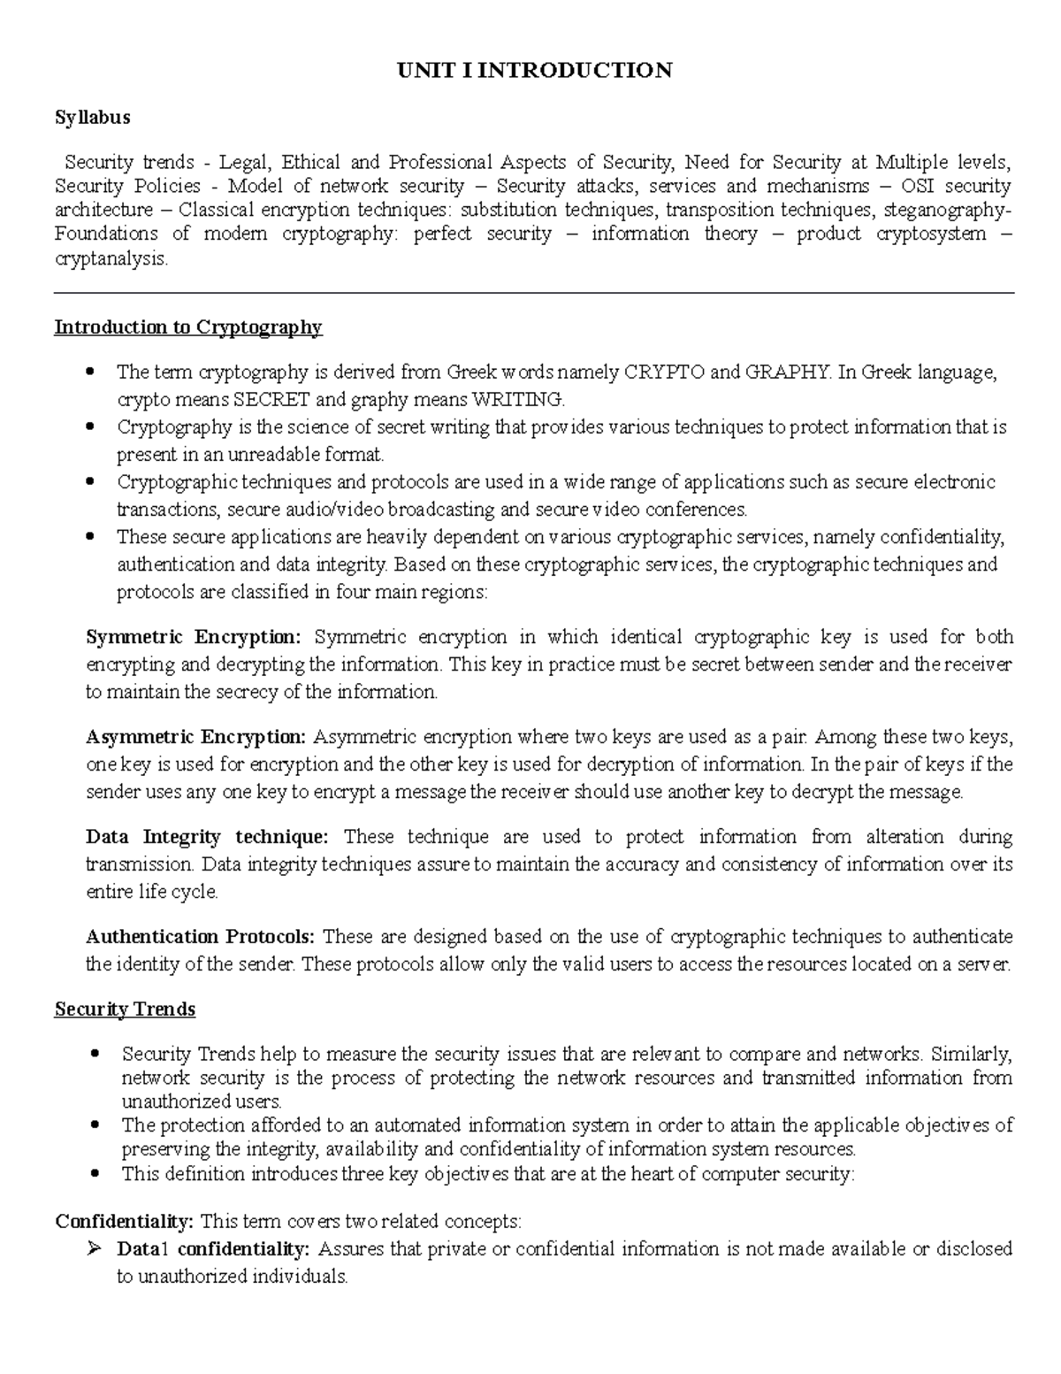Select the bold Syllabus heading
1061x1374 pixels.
coord(92,117)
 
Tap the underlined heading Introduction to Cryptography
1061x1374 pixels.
coord(188,327)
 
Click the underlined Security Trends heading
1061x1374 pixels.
coord(125,1009)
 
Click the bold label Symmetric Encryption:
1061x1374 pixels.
coord(194,637)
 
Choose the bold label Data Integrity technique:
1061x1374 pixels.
coord(206,837)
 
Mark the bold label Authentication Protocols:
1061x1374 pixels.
coord(200,937)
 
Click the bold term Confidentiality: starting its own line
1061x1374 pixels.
coord(124,1222)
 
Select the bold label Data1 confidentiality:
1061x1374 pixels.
coord(213,1249)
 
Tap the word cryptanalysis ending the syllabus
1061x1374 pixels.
coord(110,259)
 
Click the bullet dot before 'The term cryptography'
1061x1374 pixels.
coord(90,372)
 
